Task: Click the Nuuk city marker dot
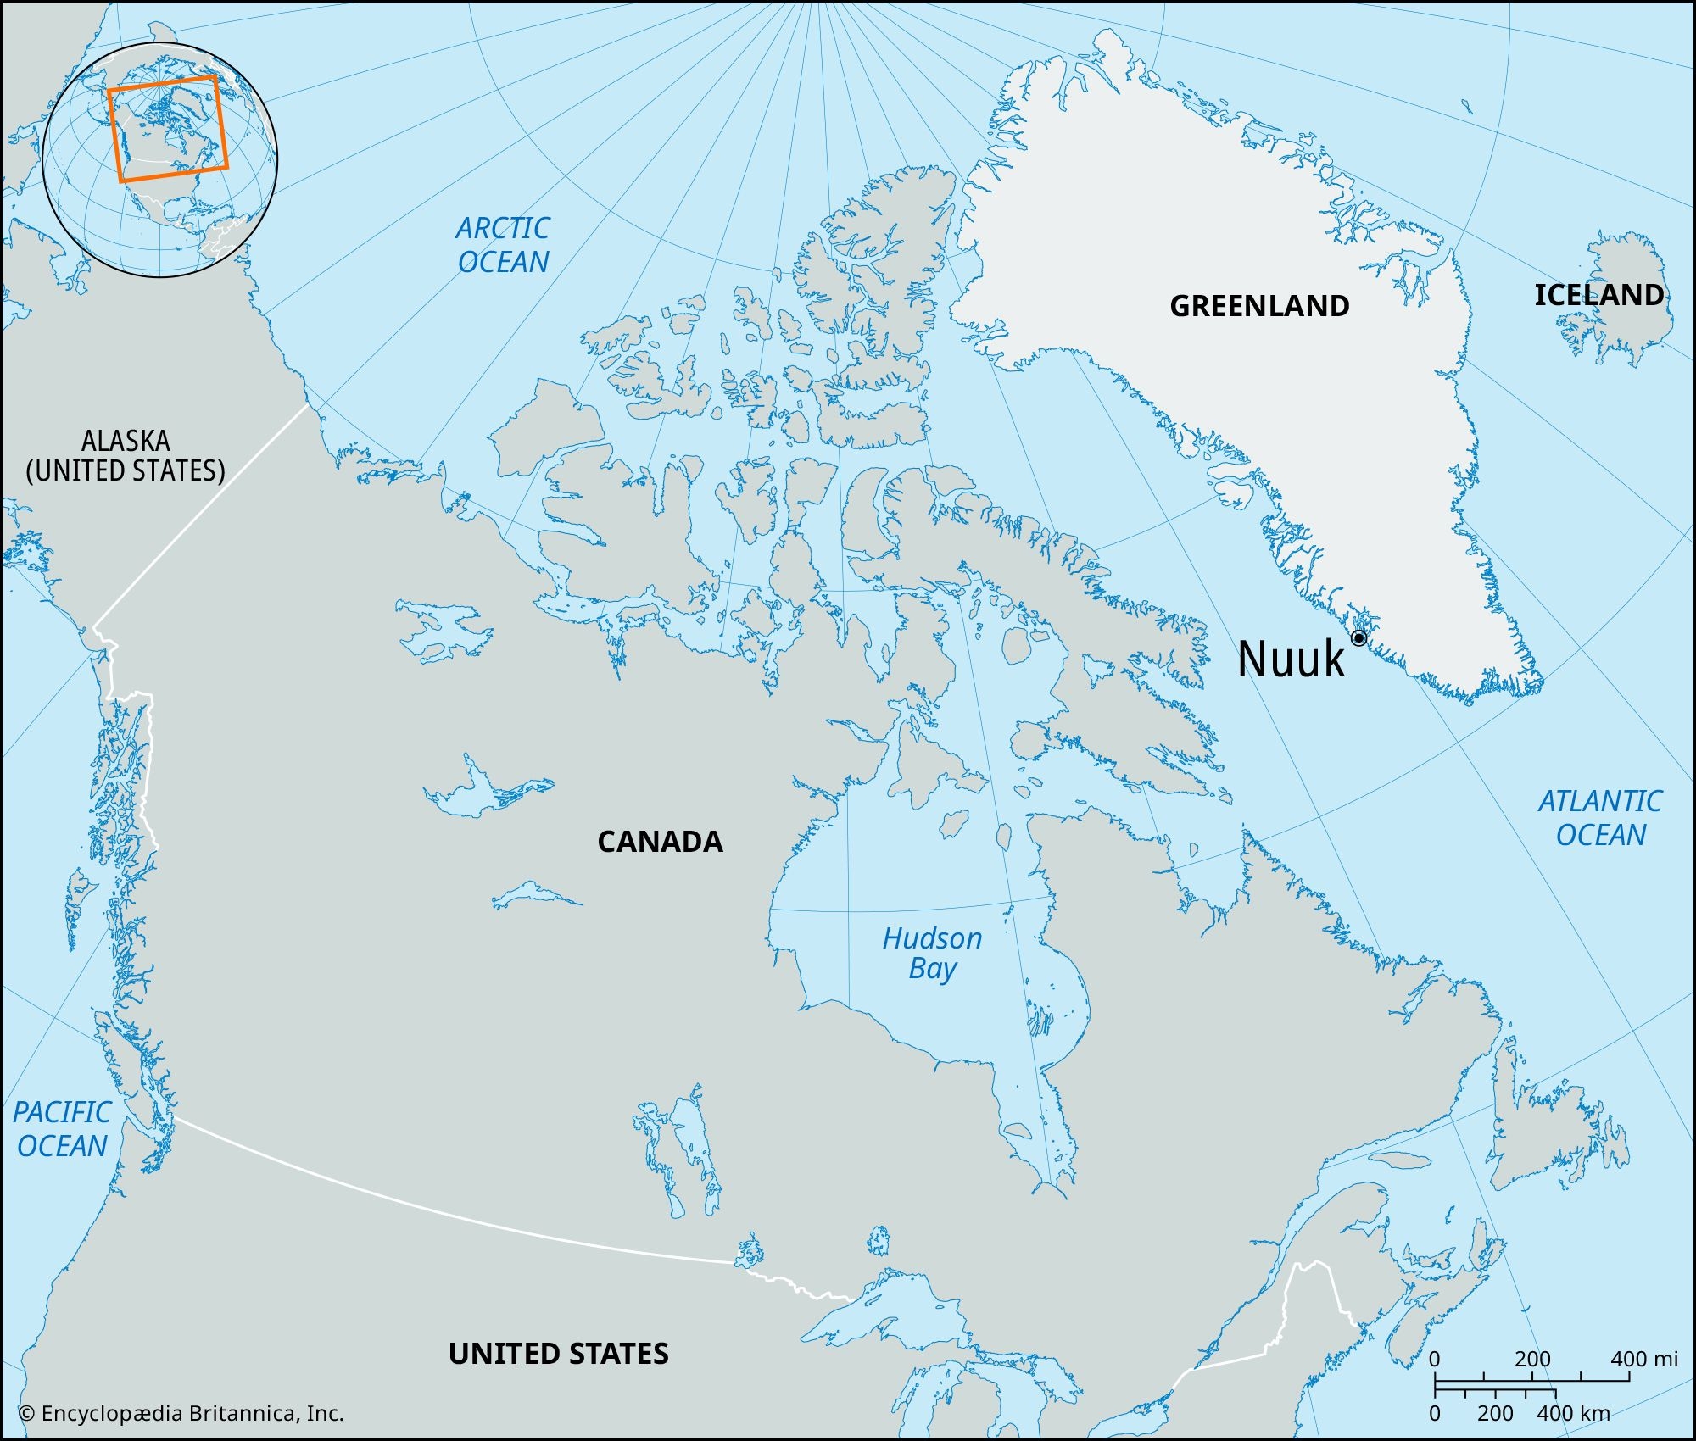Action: (1358, 637)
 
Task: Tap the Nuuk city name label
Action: (1291, 659)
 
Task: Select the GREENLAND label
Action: (1259, 306)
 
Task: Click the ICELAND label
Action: (1598, 295)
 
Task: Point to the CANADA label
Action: (660, 842)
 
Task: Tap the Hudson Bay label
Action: (932, 953)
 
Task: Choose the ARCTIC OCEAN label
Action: (503, 245)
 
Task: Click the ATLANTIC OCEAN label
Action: (1599, 818)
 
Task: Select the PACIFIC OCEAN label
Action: (62, 1129)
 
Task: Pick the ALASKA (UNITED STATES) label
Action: (126, 456)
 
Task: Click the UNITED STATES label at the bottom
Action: (558, 1354)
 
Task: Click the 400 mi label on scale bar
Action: (1643, 1359)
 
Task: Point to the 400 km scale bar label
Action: (1572, 1413)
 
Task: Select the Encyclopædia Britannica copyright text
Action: (181, 1413)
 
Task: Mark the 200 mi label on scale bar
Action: (1532, 1359)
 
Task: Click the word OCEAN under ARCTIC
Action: (503, 262)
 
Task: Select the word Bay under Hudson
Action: (932, 968)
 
